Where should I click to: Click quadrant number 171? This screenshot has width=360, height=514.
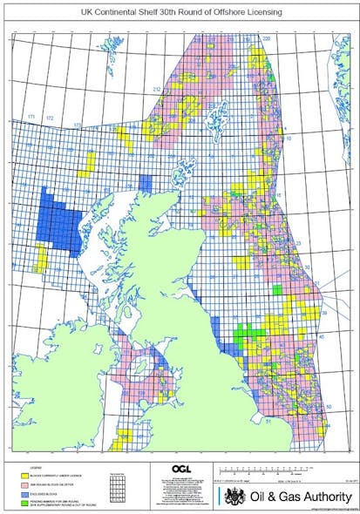31,116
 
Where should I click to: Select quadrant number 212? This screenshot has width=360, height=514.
157,90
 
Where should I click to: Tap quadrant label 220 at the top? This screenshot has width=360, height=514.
267,39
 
